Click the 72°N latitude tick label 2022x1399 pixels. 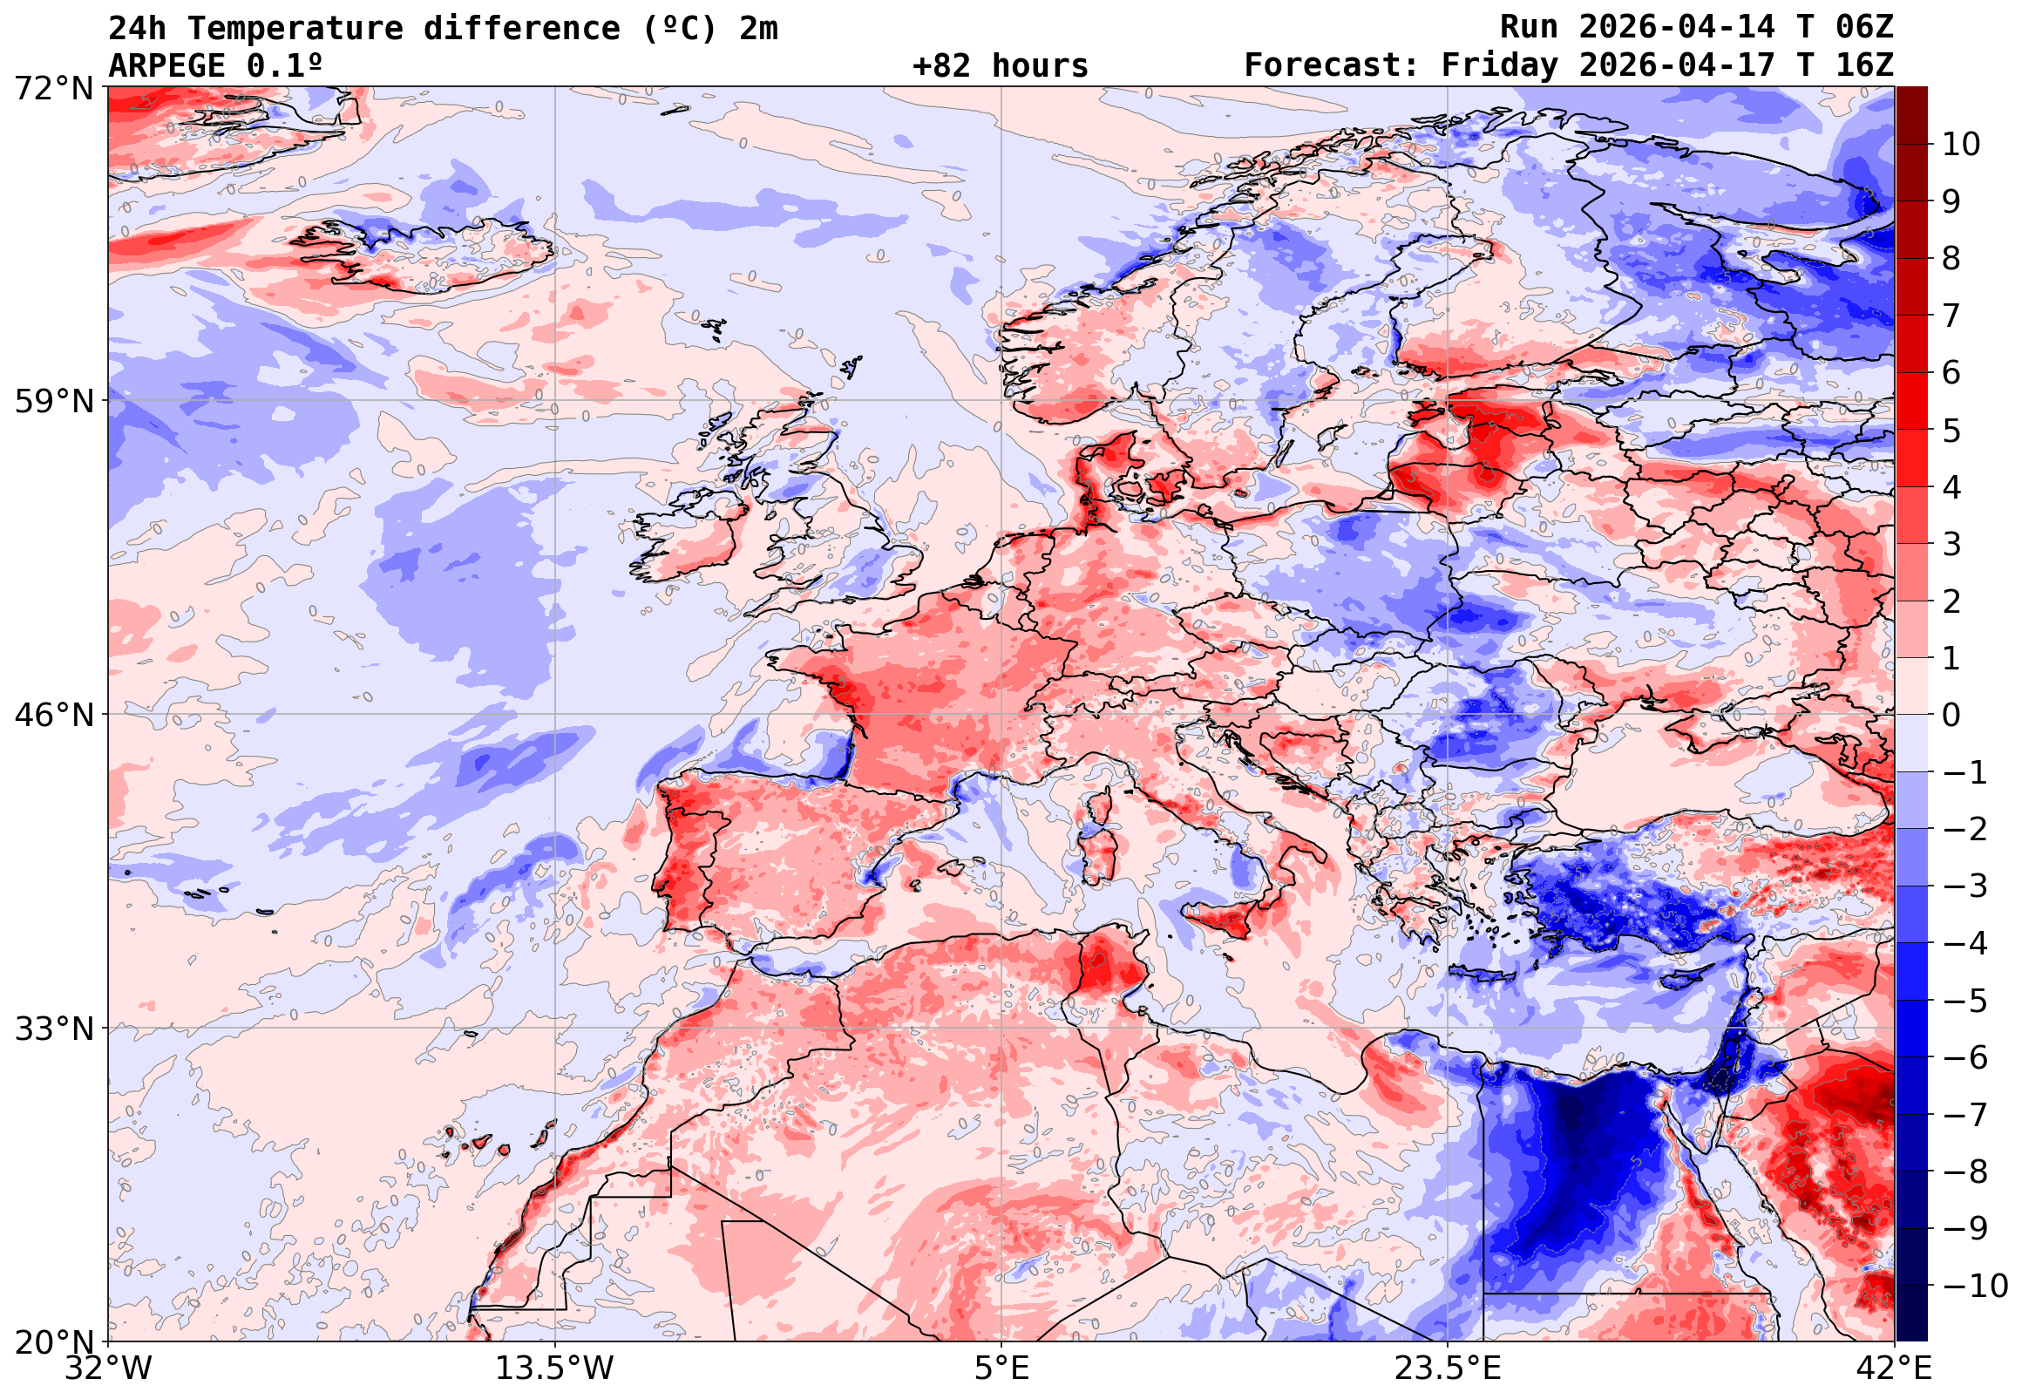coord(52,88)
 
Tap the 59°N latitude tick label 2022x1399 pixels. coord(52,402)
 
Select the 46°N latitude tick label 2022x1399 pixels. coord(52,716)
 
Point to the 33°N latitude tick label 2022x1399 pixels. coord(52,1029)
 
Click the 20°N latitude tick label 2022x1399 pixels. coord(52,1341)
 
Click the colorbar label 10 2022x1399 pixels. coord(1961,145)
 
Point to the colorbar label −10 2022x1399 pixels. coord(1975,1286)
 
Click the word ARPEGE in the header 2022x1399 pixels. coord(166,65)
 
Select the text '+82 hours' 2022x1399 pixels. coord(1000,65)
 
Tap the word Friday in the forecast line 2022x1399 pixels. coord(1500,65)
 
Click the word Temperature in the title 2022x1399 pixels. coord(295,29)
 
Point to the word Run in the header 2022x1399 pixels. coord(1529,27)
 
